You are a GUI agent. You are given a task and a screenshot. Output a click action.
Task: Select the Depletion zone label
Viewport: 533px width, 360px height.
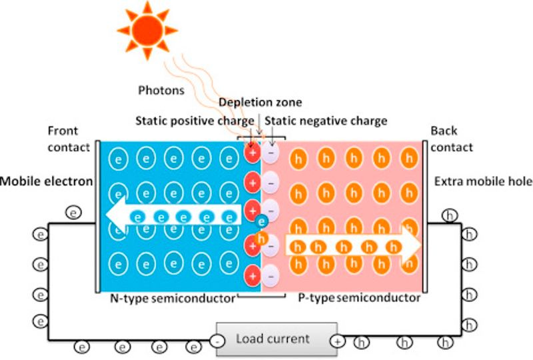pos(260,102)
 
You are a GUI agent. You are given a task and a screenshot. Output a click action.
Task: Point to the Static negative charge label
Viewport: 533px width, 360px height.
pos(326,121)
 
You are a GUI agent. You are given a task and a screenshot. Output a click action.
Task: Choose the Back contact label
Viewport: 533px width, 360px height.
pos(451,139)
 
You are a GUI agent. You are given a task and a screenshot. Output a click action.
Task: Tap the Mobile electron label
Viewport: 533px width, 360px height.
pos(46,181)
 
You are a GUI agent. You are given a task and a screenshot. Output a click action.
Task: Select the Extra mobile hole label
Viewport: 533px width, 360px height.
pos(483,181)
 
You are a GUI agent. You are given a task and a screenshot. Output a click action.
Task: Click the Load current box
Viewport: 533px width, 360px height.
pos(272,339)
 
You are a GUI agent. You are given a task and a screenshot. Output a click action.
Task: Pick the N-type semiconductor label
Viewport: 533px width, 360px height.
pos(173,298)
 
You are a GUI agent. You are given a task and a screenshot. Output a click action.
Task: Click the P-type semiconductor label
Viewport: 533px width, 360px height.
pos(359,298)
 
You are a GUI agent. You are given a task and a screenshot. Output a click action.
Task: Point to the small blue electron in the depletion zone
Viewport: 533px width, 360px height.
pos(262,221)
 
